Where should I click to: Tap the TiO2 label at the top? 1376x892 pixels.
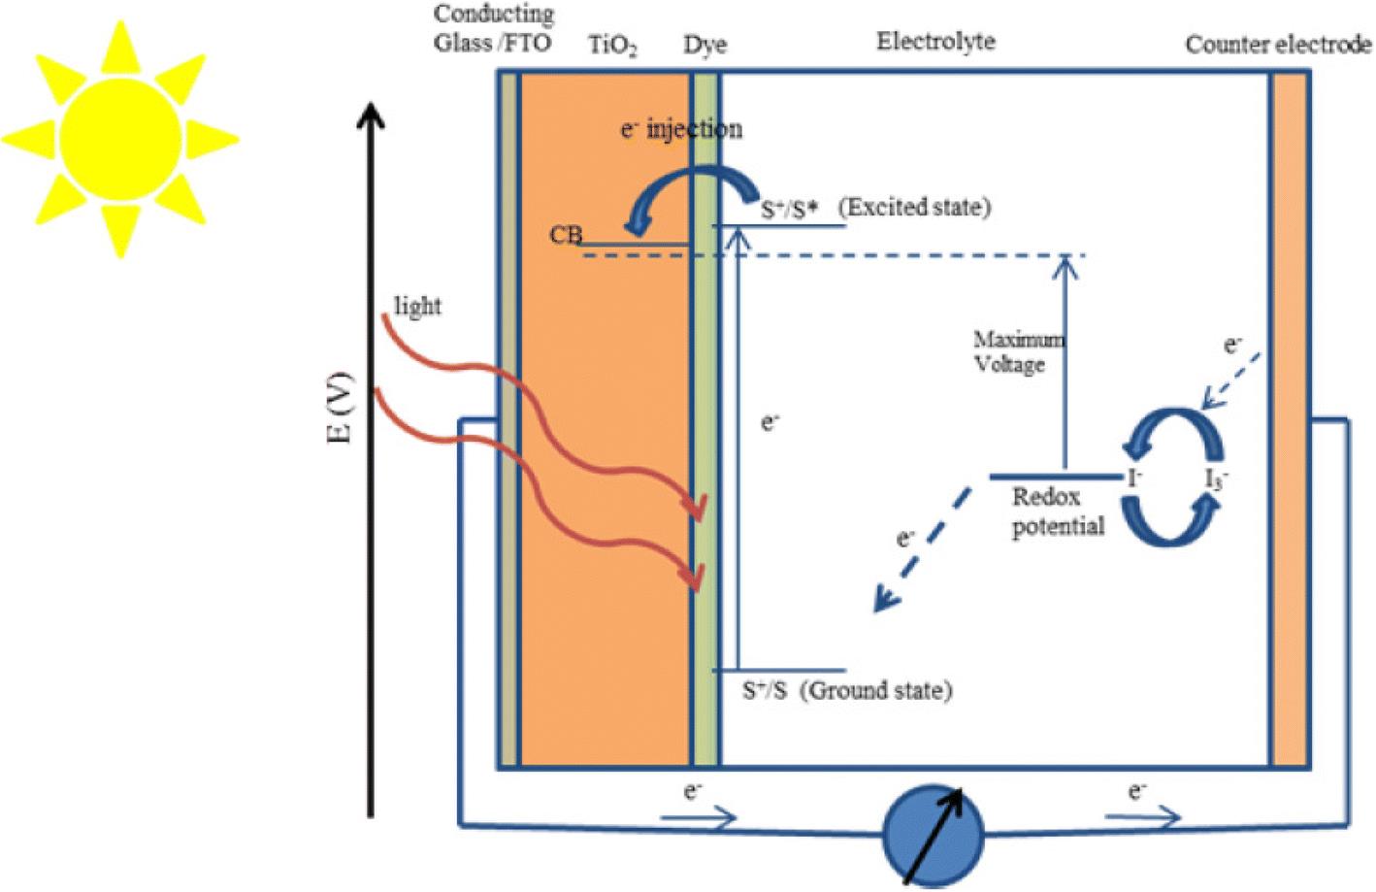tap(612, 46)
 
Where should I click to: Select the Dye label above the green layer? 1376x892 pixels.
tap(705, 46)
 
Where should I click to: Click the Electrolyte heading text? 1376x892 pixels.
tap(935, 42)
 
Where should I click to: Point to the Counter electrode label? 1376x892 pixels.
tap(1278, 45)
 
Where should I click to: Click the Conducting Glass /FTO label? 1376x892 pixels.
tap(493, 28)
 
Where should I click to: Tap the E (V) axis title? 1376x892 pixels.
tap(340, 407)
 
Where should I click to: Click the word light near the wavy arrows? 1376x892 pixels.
tap(417, 306)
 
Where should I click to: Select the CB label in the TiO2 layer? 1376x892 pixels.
tap(566, 234)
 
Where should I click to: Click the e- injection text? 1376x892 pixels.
tap(681, 130)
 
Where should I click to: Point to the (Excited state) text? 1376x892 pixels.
tap(915, 208)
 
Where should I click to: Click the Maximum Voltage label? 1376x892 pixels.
tap(1019, 352)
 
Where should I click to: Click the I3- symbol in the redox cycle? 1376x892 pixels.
tap(1216, 479)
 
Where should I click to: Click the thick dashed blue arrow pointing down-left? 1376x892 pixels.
tap(923, 549)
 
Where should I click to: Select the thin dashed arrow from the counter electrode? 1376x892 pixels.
tap(1230, 380)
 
